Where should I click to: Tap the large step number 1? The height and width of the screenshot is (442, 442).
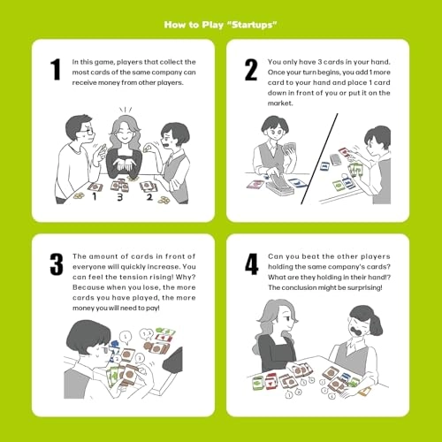(56, 69)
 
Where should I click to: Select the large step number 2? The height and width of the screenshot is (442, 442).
(253, 69)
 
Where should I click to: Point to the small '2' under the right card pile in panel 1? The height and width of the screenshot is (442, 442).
(149, 196)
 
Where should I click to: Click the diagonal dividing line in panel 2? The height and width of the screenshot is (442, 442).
(321, 150)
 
